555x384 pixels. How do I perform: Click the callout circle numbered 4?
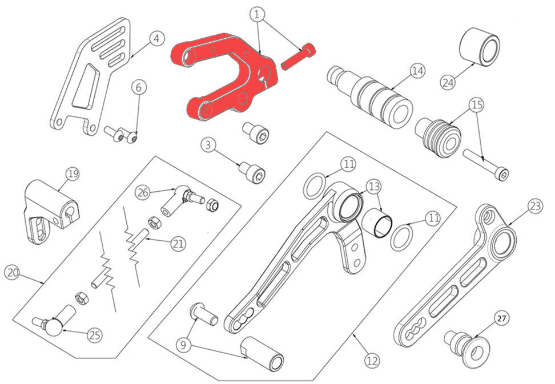point(157,38)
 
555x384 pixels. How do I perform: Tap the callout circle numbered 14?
point(418,71)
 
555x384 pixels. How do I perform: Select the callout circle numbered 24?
point(448,82)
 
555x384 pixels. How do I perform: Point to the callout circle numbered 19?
point(73,174)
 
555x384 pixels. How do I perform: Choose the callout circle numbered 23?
point(536,206)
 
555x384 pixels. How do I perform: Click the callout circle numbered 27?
point(501,318)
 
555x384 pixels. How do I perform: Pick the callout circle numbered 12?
point(372,361)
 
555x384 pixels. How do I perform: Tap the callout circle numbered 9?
point(183,345)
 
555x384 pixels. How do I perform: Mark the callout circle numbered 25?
point(95,335)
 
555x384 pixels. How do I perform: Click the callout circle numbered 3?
point(208,144)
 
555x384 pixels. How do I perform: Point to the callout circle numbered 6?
point(138,87)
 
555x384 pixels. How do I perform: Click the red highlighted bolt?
point(298,56)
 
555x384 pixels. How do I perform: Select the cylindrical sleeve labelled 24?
point(480,46)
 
